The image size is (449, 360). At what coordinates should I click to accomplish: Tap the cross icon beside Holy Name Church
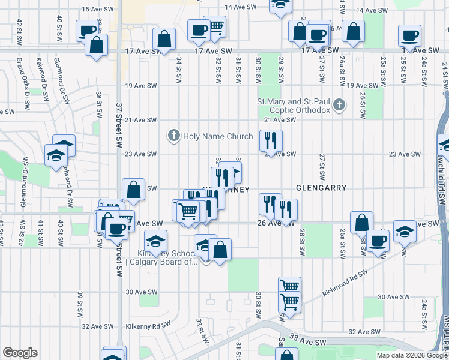173,136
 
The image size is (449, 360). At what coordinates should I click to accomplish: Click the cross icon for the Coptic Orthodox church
339,106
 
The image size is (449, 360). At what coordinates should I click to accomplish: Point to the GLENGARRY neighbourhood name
321,188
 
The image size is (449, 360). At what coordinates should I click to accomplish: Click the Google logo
20,353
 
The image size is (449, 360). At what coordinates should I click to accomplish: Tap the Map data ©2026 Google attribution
412,355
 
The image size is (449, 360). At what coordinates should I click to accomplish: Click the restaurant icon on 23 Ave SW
271,141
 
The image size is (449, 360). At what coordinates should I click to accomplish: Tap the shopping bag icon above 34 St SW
164,40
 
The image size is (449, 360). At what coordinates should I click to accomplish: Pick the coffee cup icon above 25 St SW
410,36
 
